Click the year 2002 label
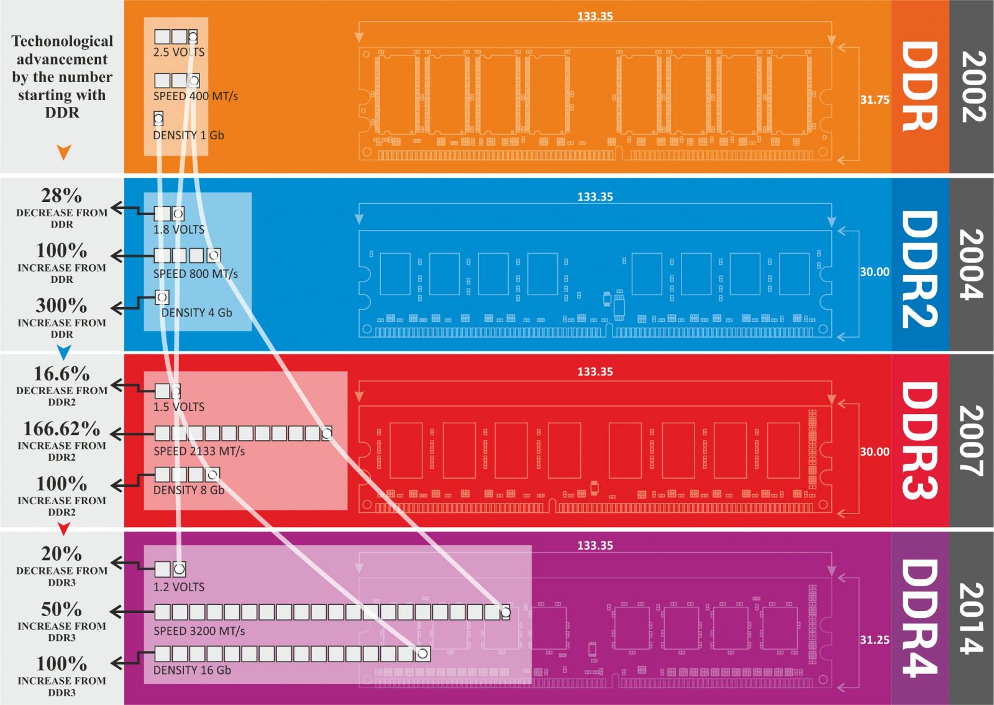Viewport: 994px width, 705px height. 972,86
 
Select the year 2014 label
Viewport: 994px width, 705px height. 972,618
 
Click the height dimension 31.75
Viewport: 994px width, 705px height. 874,99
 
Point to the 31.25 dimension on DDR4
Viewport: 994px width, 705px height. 874,640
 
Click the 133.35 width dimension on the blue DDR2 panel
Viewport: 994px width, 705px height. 595,197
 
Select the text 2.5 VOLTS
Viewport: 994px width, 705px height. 179,52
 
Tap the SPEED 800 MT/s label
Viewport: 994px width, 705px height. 195,274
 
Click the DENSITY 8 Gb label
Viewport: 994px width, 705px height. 188,490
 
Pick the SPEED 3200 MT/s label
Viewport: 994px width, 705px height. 199,631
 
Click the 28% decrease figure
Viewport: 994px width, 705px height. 62,196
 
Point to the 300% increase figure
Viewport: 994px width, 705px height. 62,306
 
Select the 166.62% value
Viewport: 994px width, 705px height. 62,429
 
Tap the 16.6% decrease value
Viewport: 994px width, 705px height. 62,374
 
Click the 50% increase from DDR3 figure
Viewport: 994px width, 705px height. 62,609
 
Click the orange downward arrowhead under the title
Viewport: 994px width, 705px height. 63,152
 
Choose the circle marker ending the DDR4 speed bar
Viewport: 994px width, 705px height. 505,612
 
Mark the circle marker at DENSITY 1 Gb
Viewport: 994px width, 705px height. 158,118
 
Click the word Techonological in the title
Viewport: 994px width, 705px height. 62,42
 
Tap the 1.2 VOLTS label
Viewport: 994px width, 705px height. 179,587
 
